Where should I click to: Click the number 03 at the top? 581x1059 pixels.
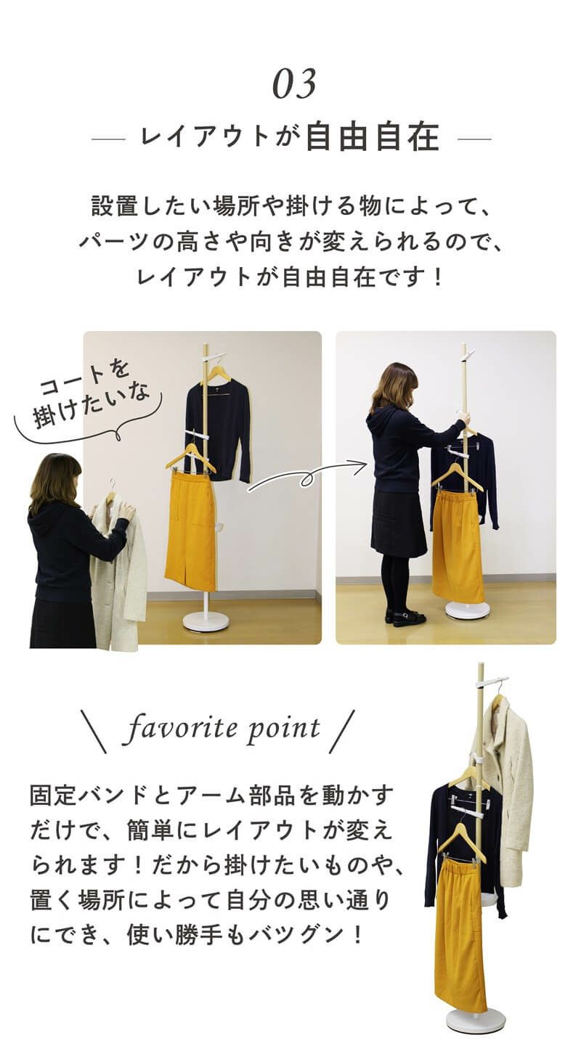click(x=294, y=84)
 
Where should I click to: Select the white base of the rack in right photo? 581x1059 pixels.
click(x=467, y=610)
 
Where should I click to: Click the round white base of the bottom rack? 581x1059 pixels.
click(x=476, y=1021)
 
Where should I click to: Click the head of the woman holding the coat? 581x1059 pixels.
click(x=54, y=479)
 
